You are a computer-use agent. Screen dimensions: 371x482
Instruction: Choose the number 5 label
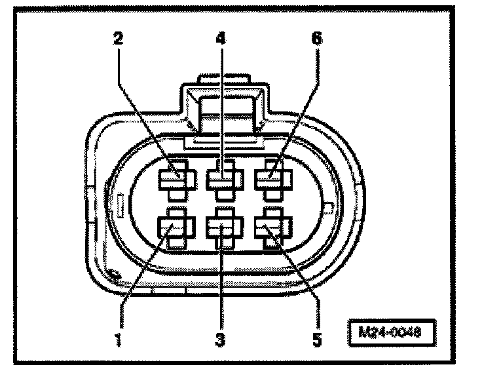(x=317, y=340)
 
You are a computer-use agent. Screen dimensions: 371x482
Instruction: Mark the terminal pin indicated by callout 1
(x=172, y=227)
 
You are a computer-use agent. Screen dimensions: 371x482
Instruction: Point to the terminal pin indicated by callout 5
(x=270, y=227)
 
